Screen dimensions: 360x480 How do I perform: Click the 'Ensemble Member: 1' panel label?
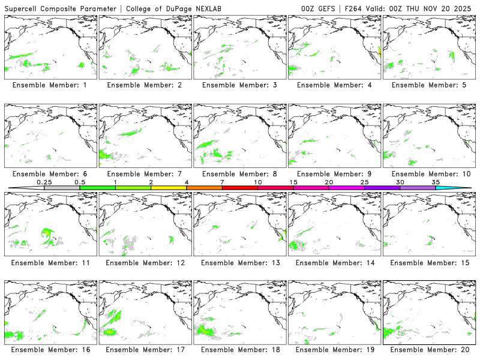pos(50,85)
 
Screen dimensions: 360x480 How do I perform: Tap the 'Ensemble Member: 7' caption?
pos(144,174)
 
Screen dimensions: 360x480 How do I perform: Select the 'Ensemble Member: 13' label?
pos(239,262)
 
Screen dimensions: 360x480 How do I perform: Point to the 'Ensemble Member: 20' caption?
pos(428,350)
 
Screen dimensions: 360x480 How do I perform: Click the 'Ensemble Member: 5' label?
pos(428,85)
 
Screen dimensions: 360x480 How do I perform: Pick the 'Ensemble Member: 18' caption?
pos(239,350)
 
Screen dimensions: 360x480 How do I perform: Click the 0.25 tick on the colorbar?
pos(44,181)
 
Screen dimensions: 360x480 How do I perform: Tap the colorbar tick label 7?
pos(222,181)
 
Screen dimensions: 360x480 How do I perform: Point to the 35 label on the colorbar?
pos(435,181)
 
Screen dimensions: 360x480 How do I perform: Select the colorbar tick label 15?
pos(293,181)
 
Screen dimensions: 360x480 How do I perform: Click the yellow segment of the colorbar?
pos(169,188)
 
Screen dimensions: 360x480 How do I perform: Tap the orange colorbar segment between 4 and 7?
pos(204,188)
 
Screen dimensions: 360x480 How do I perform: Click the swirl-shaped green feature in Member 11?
pos(47,236)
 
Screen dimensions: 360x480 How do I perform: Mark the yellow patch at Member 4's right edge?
pos(379,53)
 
